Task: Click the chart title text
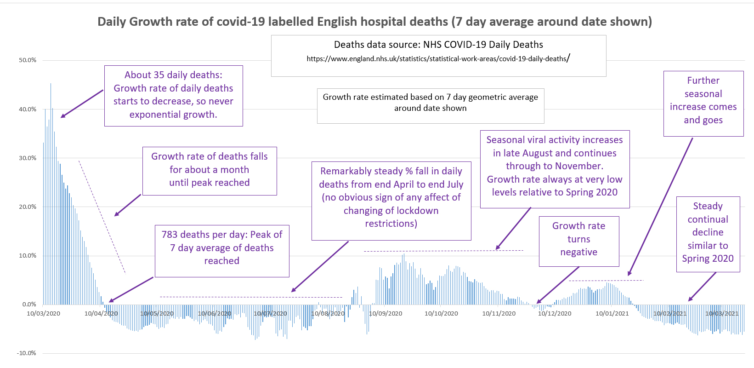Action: click(374, 22)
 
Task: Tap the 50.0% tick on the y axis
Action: click(28, 60)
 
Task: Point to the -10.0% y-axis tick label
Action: click(27, 353)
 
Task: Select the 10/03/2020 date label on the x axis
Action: click(43, 314)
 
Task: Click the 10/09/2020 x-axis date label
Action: click(386, 314)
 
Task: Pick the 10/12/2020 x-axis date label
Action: click(555, 314)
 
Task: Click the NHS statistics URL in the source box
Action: click(437, 59)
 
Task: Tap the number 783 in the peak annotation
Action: click(170, 235)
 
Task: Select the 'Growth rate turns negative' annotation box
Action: click(578, 241)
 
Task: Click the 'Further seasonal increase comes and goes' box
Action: click(703, 103)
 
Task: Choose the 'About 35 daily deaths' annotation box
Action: click(173, 95)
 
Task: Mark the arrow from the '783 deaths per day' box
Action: click(131, 290)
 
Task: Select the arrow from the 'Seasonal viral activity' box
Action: click(513, 229)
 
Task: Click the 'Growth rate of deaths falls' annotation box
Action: click(209, 171)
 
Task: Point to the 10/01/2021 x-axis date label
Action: click(612, 314)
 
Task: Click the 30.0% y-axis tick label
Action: click(28, 158)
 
